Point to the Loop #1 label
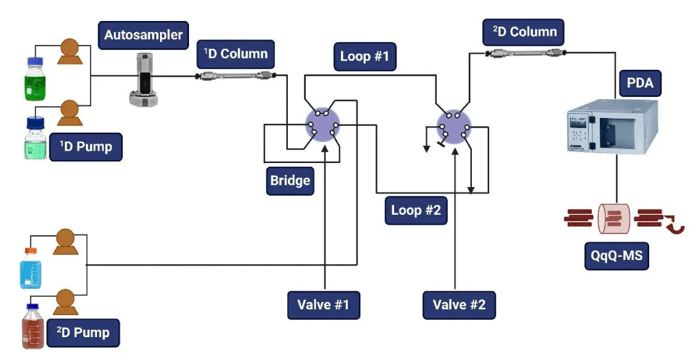tap(364, 57)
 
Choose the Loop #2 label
tap(416, 210)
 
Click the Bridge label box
tap(290, 182)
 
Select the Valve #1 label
tap(324, 304)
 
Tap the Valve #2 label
tap(459, 304)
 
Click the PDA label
tap(640, 82)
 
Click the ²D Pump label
tap(83, 333)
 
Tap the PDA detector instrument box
tap(612, 127)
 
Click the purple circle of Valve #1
tap(324, 125)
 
